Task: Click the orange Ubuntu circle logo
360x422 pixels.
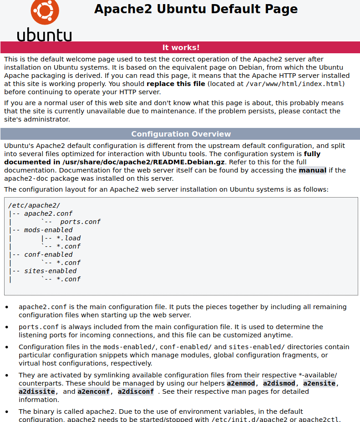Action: (44, 11)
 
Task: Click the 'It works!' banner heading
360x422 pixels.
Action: (181, 47)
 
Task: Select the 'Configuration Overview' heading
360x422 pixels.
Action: (181, 134)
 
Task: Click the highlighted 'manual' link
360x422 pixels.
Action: (312, 170)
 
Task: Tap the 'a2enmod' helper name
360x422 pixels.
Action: (241, 383)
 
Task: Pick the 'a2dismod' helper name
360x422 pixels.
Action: (279, 383)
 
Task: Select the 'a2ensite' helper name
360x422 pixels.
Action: (319, 383)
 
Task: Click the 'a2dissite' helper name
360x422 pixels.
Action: (37, 391)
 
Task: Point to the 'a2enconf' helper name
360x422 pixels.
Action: (93, 391)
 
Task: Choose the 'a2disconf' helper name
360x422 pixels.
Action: (136, 391)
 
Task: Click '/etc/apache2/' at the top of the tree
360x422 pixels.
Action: (34, 205)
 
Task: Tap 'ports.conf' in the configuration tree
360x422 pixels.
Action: (80, 222)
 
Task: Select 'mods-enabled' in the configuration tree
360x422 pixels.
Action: (48, 230)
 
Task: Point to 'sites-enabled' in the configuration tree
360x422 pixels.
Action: (50, 271)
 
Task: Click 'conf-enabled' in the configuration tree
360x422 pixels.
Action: (48, 254)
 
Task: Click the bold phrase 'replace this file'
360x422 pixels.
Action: (176, 84)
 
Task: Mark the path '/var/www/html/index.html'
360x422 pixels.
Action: (294, 84)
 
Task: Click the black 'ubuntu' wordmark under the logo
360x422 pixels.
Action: (44, 35)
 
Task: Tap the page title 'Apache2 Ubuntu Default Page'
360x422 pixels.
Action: (196, 9)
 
